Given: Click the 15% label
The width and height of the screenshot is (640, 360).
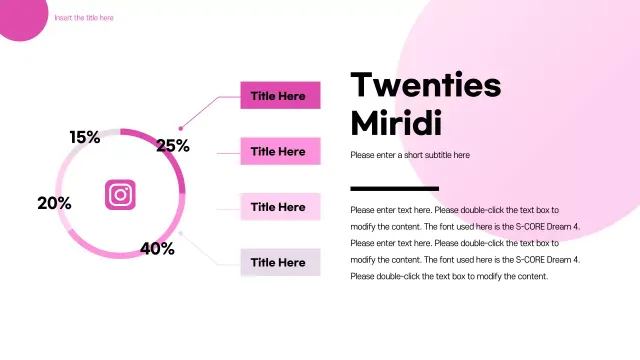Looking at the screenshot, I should (84, 137).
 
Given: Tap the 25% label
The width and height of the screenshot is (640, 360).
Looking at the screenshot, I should (173, 146).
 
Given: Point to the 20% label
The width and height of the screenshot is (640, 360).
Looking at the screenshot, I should (54, 203).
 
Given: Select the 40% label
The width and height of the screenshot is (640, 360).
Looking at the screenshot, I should (157, 249).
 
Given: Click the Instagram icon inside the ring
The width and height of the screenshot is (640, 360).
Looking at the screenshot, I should (120, 194).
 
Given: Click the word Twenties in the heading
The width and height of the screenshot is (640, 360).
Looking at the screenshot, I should (426, 86).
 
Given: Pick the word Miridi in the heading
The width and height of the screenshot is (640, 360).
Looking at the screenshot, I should (396, 123).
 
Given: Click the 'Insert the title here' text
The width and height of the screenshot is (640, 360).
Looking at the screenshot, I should (84, 18).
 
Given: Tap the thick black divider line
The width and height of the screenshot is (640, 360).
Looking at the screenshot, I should (394, 188).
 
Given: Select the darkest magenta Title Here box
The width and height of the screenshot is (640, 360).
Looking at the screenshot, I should (280, 96).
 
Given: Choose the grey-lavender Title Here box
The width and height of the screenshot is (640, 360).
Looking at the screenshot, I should (280, 263).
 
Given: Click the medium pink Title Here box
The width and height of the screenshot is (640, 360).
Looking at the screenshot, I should (280, 152).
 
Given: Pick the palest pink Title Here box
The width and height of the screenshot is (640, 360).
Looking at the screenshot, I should (280, 207).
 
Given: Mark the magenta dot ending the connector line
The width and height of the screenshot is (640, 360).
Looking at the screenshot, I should (181, 128).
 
